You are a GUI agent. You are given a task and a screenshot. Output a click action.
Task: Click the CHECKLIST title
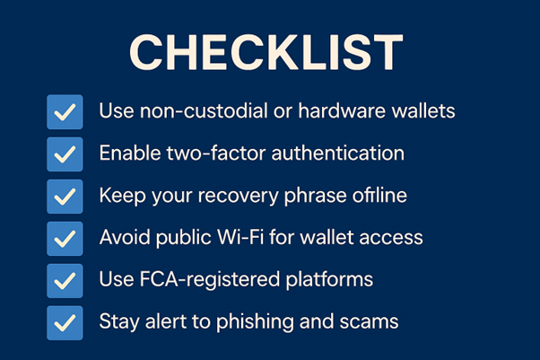coord(266,52)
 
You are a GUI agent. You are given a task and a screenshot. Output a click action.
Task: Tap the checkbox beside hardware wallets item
coord(65,112)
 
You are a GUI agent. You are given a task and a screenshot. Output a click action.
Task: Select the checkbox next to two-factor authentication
coord(65,154)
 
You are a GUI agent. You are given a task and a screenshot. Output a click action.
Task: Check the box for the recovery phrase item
coord(65,197)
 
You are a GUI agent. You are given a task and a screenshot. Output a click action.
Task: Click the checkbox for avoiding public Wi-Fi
coord(65,239)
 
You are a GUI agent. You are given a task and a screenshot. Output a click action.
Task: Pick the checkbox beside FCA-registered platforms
coord(65,281)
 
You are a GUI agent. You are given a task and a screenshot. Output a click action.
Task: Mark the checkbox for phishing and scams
coord(65,323)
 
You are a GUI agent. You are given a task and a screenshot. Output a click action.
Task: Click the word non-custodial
coord(204,111)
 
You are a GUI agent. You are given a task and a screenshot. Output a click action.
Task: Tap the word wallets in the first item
coord(423,110)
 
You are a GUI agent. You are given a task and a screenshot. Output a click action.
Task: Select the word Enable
coord(130,154)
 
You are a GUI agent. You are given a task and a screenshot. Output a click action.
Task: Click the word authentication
coord(338,154)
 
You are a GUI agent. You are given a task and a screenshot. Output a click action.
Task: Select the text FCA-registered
coord(210,280)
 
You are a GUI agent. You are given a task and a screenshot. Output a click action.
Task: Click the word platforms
coord(329,280)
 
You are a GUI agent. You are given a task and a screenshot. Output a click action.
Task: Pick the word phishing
coord(255,322)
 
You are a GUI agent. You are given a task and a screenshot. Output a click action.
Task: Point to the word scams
coord(369,322)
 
